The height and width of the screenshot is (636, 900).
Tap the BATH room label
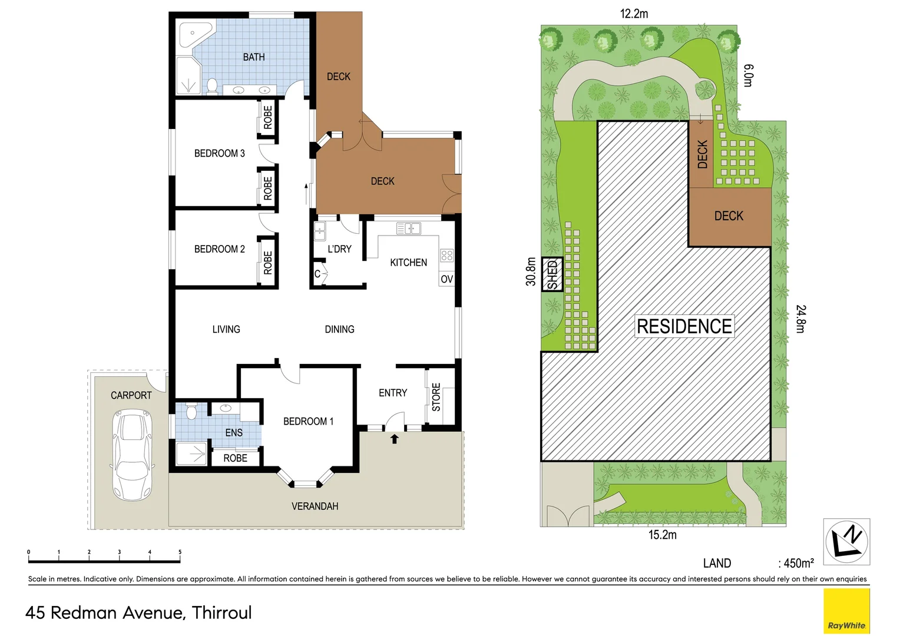(254, 57)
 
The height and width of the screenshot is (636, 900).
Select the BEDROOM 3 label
(219, 153)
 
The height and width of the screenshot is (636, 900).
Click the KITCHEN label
(408, 263)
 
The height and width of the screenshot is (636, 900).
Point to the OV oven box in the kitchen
(446, 279)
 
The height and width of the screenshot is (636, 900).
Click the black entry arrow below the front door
(395, 439)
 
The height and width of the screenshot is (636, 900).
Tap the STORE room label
(436, 397)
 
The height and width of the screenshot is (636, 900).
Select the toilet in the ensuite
(191, 412)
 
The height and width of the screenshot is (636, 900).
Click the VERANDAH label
(315, 506)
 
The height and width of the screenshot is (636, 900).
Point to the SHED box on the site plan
(552, 274)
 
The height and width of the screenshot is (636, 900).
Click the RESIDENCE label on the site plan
(684, 326)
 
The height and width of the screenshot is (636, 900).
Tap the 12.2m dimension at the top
(634, 14)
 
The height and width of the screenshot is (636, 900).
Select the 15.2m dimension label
(662, 535)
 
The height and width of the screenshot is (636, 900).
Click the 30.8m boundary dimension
(531, 271)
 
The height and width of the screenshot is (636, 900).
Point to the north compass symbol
(846, 542)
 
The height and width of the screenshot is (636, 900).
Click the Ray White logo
(846, 611)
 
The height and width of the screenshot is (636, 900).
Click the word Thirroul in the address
(221, 613)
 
